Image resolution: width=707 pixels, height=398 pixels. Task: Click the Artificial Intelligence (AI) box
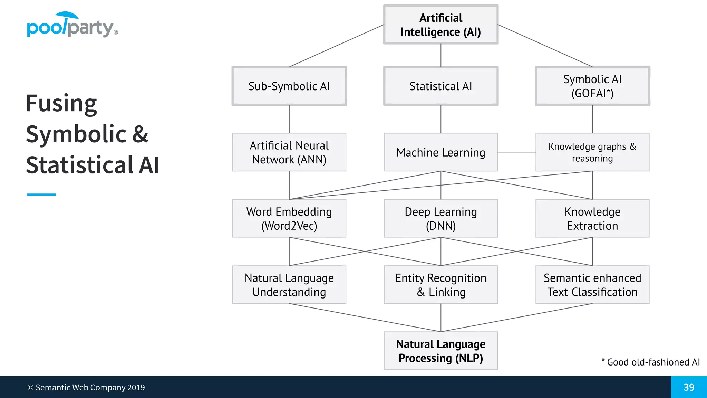440,25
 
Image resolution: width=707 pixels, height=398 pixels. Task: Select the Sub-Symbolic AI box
289,86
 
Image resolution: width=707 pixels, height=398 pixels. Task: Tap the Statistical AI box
440,86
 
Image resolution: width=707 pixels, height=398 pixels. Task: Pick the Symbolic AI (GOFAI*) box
592,86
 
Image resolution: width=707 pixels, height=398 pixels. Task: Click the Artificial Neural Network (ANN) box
289,152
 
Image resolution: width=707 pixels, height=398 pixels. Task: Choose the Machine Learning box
440,152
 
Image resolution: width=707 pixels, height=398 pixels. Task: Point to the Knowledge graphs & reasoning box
592,152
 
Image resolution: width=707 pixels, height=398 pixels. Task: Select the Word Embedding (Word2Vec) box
289,218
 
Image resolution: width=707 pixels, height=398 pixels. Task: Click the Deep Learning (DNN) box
440,218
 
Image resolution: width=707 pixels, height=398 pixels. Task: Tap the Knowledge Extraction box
592,218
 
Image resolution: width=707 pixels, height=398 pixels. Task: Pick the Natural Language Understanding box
289,285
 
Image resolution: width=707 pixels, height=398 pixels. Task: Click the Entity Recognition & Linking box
440,285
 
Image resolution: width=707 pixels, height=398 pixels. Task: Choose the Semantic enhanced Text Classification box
592,285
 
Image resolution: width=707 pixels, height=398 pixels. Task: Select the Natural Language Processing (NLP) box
440,351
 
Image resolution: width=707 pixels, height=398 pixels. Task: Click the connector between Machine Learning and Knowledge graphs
516,152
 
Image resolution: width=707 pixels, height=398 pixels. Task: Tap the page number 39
689,387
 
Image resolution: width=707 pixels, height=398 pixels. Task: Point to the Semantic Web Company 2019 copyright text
86,387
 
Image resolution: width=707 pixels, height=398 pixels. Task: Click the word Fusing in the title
61,103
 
